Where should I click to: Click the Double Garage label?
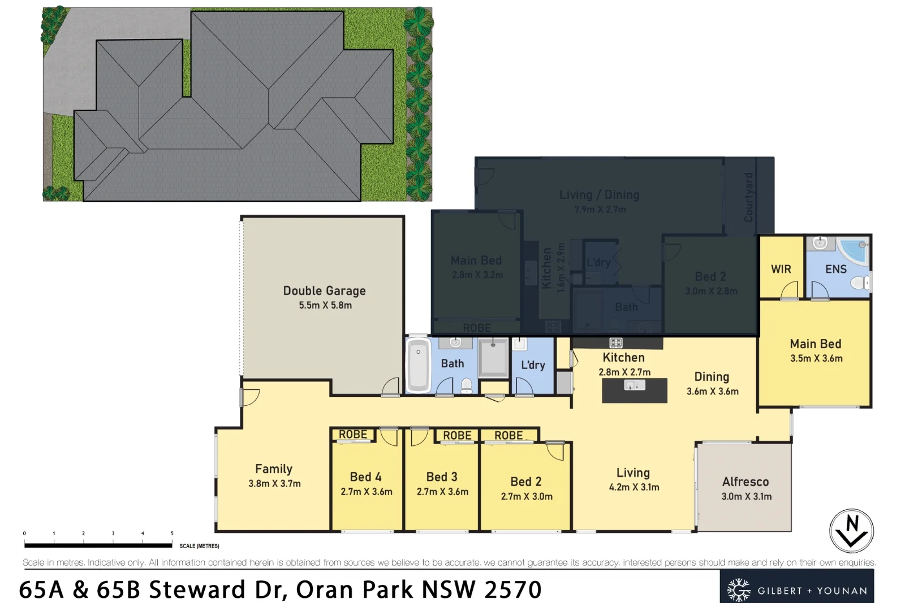[324, 290]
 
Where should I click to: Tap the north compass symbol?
[851, 531]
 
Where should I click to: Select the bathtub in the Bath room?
[418, 365]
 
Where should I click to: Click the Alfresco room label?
[745, 481]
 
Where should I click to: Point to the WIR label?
[781, 269]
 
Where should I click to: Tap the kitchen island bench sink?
[634, 385]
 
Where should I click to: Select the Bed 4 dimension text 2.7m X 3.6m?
[366, 492]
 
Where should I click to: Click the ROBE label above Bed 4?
[352, 434]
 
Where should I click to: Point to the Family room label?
[274, 468]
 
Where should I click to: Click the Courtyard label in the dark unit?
[748, 197]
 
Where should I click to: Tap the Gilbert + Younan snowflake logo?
[738, 590]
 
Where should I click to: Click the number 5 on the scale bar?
[172, 533]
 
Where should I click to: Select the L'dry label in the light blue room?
[533, 365]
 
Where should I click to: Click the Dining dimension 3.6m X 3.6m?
[712, 391]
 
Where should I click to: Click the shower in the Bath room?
[493, 357]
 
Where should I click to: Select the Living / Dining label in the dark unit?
[599, 194]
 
